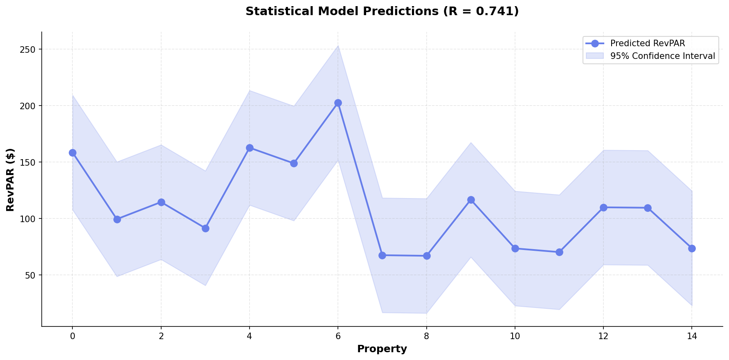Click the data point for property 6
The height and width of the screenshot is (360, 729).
pyautogui.click(x=338, y=103)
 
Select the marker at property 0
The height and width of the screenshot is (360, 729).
pyautogui.click(x=72, y=153)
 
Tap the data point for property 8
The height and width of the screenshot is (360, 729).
pyautogui.click(x=427, y=256)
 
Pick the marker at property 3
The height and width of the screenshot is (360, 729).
pyautogui.click(x=205, y=228)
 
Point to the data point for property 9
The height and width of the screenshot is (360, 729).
pyautogui.click(x=471, y=200)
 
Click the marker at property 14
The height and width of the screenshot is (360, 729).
pyautogui.click(x=692, y=248)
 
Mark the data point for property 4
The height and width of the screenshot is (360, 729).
pyautogui.click(x=250, y=148)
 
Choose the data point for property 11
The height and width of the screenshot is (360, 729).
pyautogui.click(x=559, y=252)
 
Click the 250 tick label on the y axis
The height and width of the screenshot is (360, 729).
pyautogui.click(x=30, y=49)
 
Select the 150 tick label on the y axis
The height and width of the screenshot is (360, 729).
pyautogui.click(x=30, y=162)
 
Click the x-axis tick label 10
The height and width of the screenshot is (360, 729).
pyautogui.click(x=515, y=336)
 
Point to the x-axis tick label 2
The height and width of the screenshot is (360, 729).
pyautogui.click(x=161, y=336)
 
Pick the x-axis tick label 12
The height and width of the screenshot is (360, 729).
pyautogui.click(x=603, y=336)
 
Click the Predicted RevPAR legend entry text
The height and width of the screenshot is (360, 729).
pyautogui.click(x=647, y=44)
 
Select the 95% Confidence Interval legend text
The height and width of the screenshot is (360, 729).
pyautogui.click(x=662, y=56)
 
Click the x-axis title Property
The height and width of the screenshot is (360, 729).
pyautogui.click(x=382, y=349)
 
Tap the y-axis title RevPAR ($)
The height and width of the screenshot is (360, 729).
pyautogui.click(x=11, y=180)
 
